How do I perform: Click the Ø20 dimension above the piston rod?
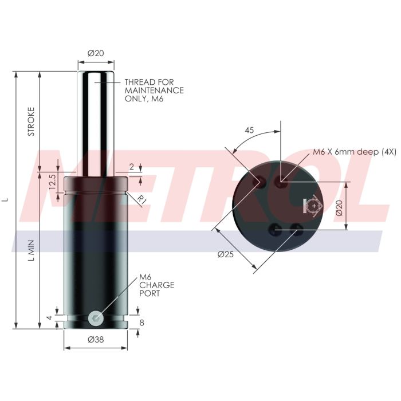pyautogui.click(x=96, y=53)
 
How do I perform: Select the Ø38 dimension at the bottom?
pyautogui.click(x=96, y=340)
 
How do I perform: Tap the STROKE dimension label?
pyautogui.click(x=32, y=121)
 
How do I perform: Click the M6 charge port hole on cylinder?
pyautogui.click(x=96, y=317)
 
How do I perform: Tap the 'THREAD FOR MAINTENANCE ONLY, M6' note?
pyautogui.click(x=154, y=91)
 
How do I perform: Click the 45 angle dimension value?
pyautogui.click(x=249, y=130)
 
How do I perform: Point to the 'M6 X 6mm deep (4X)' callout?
pyautogui.click(x=354, y=152)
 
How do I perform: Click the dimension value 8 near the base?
pyautogui.click(x=142, y=323)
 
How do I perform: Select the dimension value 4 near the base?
pyautogui.click(x=49, y=318)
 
